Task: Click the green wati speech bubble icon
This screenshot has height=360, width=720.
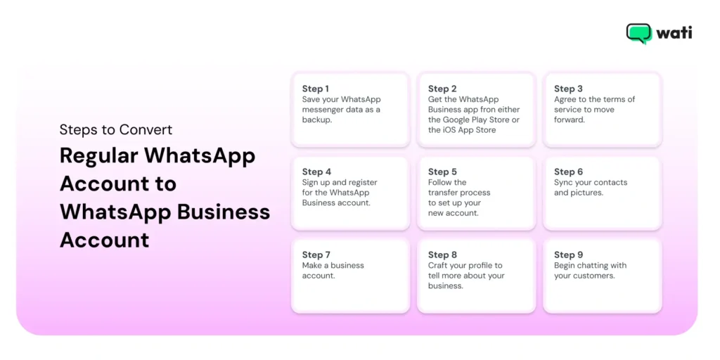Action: coord(638,33)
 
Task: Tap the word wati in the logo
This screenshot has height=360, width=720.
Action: coord(674,33)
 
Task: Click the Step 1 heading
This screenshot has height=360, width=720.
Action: coord(315,89)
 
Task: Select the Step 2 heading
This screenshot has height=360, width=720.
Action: coord(442,89)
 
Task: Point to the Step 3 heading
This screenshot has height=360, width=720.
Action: coord(568,89)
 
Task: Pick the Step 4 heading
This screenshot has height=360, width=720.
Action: coord(316,172)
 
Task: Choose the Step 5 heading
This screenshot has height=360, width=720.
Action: coord(442,172)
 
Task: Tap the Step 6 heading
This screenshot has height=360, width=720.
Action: coord(568,172)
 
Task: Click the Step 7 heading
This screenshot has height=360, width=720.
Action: coord(316,255)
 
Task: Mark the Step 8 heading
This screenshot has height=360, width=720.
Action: coord(442,255)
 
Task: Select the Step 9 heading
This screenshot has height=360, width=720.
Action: coord(568,255)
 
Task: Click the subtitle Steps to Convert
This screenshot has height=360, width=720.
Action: coord(116,129)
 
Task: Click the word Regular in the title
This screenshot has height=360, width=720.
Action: coord(98,156)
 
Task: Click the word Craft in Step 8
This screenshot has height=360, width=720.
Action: coord(439,265)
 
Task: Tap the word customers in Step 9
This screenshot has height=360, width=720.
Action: coord(594,276)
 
